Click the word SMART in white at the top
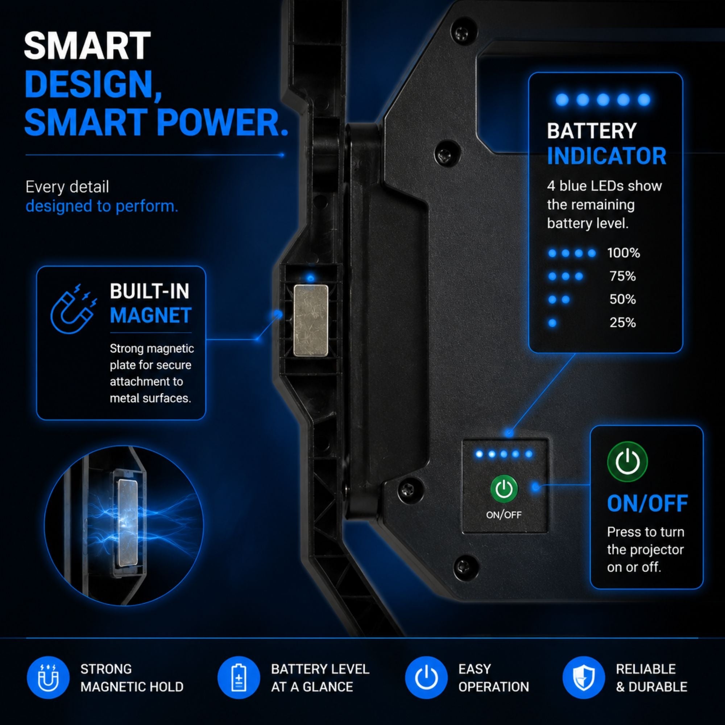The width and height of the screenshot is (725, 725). tap(87, 46)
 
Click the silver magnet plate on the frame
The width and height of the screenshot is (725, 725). tap(311, 320)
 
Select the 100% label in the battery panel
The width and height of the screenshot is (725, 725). tap(623, 253)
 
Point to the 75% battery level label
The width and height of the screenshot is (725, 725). tap(622, 276)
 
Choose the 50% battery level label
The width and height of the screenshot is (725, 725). tap(622, 299)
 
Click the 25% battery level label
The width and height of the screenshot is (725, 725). tap(622, 322)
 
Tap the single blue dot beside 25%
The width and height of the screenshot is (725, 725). tap(552, 323)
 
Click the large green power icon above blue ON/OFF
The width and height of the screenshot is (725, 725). tap(627, 461)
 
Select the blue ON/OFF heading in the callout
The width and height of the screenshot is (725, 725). tap(647, 504)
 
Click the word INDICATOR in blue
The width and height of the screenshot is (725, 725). tap(606, 156)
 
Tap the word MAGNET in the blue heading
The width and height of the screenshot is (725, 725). tap(150, 315)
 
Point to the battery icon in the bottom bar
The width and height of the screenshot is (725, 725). tap(239, 678)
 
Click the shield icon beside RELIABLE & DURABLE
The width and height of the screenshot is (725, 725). tap(584, 678)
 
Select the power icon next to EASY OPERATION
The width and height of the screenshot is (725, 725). tap(426, 678)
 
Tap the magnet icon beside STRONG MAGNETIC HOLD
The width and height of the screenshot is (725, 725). tap(48, 678)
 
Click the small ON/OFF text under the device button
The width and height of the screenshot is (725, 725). tap(504, 515)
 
